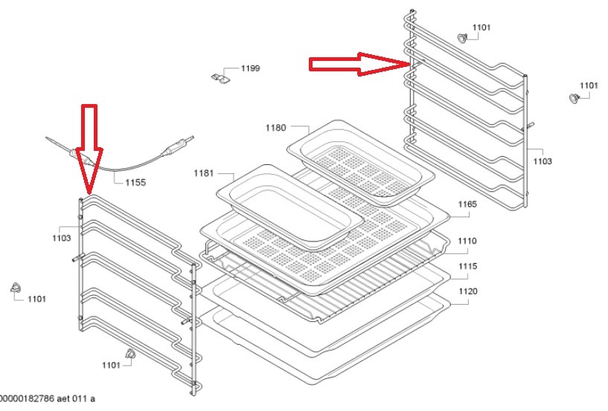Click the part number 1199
coord(250,69)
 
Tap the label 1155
coord(135,181)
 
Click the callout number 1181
coord(203,173)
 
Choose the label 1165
coord(467,204)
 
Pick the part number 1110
coord(467,241)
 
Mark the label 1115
coord(467,266)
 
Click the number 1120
coord(467,291)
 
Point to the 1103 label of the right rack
coord(543,161)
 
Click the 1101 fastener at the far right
coord(573,98)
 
